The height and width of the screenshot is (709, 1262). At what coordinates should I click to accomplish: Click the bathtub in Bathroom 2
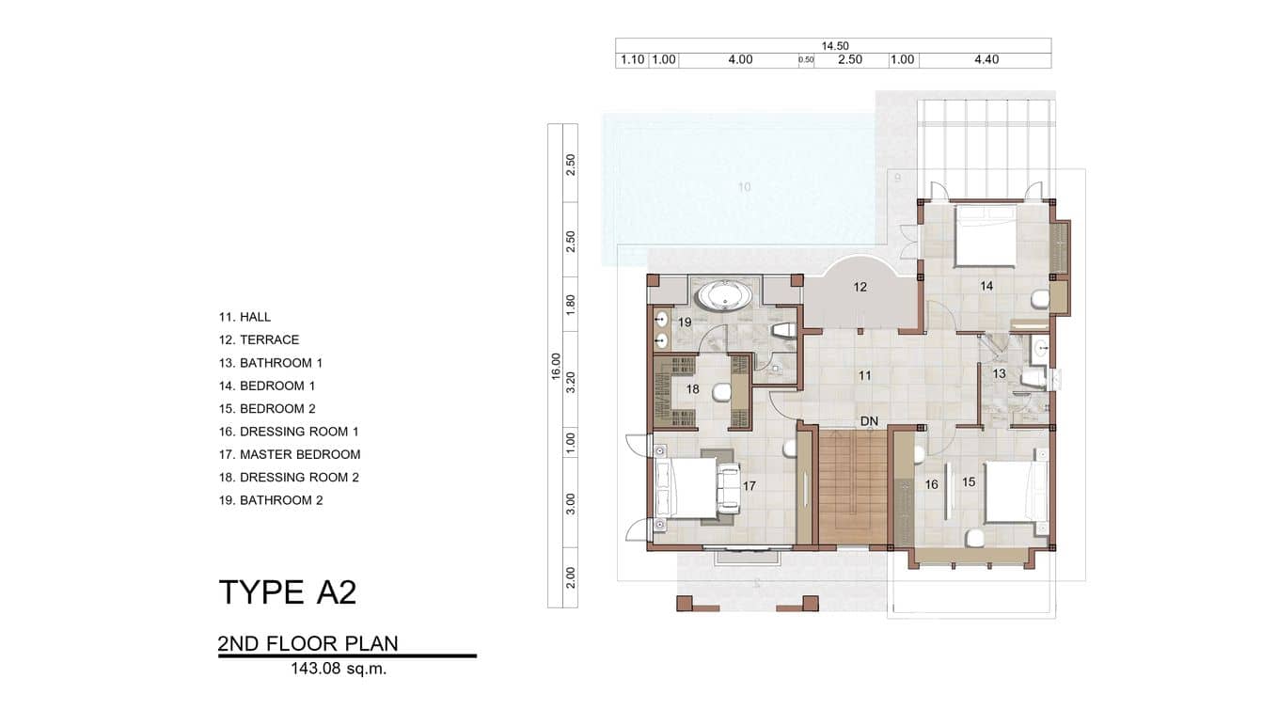(x=722, y=297)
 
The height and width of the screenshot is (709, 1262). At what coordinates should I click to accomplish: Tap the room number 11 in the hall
(x=864, y=375)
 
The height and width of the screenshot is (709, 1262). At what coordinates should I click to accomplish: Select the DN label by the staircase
(x=869, y=422)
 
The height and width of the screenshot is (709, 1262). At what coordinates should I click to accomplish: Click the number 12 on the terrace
(x=860, y=287)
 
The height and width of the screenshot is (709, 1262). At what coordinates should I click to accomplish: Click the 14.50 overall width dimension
(x=833, y=45)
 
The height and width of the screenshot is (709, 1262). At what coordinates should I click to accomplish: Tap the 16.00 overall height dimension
(x=556, y=365)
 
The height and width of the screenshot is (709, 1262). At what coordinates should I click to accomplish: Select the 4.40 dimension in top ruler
(x=986, y=60)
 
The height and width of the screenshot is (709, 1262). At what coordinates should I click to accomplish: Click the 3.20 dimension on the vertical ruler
(x=571, y=381)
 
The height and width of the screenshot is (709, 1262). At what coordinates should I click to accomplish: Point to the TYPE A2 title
(x=287, y=592)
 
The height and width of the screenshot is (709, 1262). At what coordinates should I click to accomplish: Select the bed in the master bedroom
(x=688, y=487)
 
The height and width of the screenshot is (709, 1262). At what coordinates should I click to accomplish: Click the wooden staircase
(x=853, y=489)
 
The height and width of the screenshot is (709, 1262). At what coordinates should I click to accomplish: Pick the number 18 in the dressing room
(x=692, y=388)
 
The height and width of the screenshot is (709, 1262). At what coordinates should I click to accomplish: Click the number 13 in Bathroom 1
(x=999, y=373)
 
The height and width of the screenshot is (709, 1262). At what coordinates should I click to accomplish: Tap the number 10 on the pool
(x=744, y=187)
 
